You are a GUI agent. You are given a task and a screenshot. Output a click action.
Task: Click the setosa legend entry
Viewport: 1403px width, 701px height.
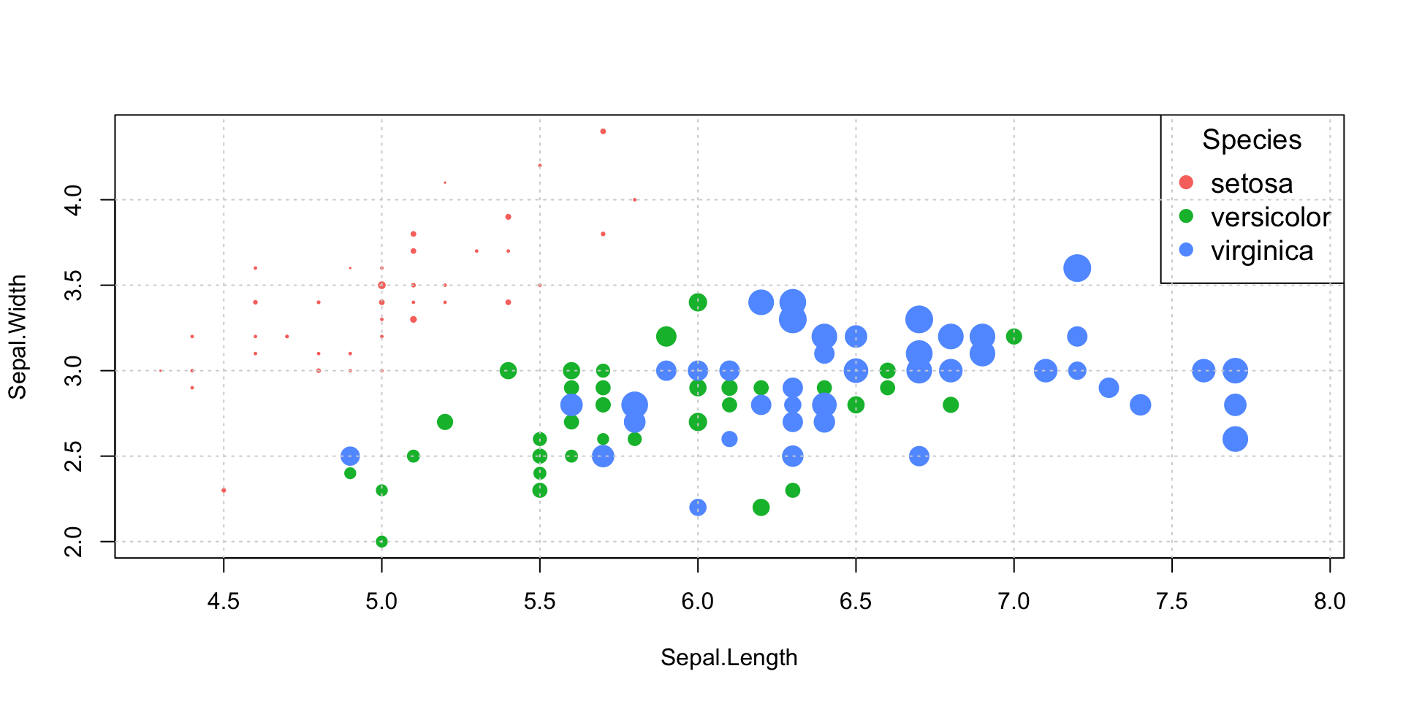tap(1251, 183)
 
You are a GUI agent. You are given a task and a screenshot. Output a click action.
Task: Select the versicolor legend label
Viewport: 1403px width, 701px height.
tap(1270, 217)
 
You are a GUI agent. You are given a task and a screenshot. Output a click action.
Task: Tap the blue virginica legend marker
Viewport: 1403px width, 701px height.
tap(1186, 250)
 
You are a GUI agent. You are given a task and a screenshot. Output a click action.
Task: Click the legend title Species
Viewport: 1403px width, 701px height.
tap(1252, 139)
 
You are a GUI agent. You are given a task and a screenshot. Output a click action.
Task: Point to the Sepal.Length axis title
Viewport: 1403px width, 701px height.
tap(729, 657)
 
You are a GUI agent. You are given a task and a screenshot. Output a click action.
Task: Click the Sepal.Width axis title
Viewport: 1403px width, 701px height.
tap(17, 337)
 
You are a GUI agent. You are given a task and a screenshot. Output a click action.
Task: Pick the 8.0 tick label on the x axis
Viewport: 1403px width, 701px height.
tap(1329, 601)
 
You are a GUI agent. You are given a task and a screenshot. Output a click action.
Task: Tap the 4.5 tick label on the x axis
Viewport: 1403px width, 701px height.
tap(224, 601)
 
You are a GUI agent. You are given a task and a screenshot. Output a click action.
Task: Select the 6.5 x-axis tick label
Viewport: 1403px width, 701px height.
tap(856, 601)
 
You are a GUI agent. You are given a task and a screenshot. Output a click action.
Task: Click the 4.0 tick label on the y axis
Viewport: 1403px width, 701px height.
tap(74, 199)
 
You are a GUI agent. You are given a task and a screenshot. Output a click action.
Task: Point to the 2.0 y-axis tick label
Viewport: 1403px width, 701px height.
tap(74, 541)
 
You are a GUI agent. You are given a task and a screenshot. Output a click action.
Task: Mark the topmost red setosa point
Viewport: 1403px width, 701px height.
tap(603, 131)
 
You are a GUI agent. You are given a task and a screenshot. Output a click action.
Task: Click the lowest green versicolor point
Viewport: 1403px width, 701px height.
tap(381, 541)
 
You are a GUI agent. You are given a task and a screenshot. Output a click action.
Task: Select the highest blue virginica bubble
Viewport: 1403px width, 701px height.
tap(1077, 268)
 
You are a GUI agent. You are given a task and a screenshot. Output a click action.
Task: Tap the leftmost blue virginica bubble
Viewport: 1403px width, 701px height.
tap(350, 456)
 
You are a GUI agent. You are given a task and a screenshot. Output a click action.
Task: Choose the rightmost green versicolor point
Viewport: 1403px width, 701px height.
tap(1014, 337)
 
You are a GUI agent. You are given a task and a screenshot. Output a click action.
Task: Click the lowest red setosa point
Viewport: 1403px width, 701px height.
tap(224, 490)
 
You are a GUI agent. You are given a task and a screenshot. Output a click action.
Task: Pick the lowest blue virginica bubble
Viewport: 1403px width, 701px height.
tap(698, 507)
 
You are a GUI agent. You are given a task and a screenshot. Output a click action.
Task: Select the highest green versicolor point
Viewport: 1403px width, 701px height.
tap(698, 302)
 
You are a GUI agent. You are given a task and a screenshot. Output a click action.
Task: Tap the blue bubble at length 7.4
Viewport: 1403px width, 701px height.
tap(1140, 405)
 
